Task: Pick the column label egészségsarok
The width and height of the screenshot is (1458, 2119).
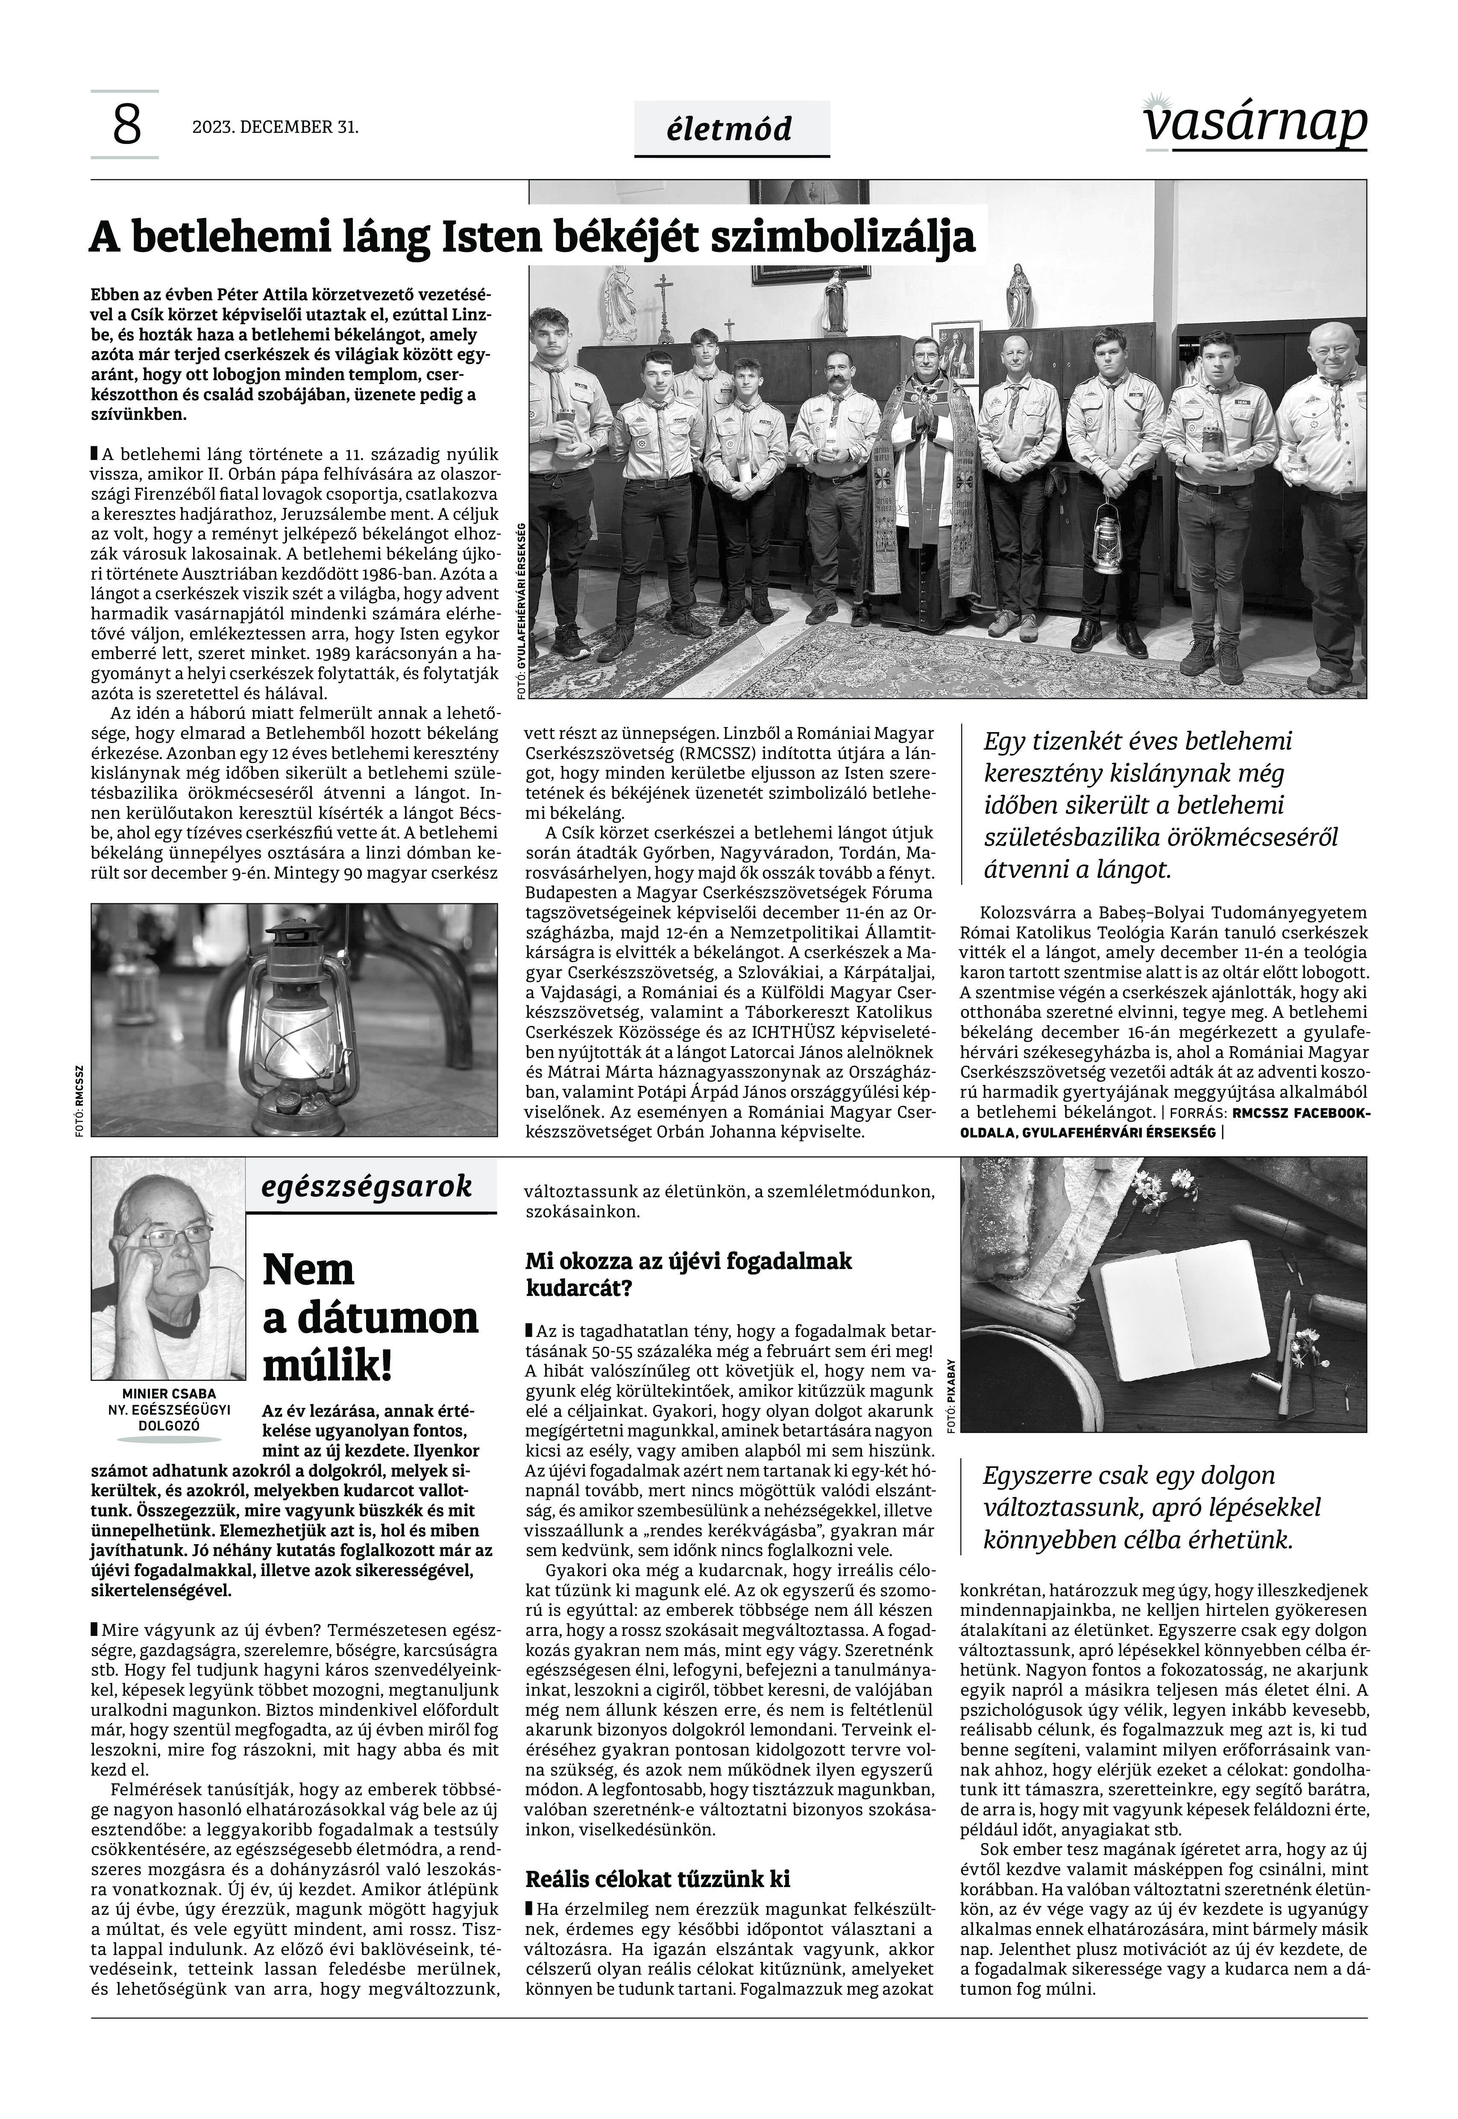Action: tap(367, 1187)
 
